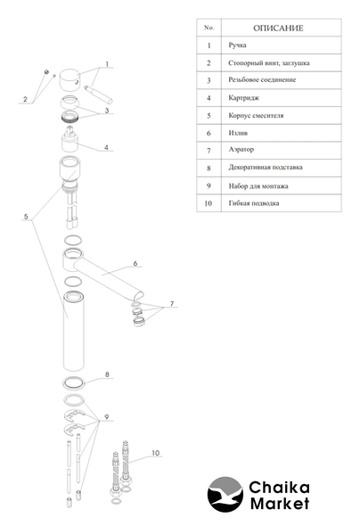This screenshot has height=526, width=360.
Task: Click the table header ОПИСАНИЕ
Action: (278, 29)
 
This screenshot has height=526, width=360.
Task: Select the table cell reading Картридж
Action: (243, 98)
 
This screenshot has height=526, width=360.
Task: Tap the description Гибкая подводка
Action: (254, 203)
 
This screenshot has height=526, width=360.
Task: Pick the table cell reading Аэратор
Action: (241, 150)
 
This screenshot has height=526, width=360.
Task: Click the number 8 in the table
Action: (209, 168)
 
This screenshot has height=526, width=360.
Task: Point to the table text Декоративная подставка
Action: (266, 167)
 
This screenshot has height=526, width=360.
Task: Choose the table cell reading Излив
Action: (238, 133)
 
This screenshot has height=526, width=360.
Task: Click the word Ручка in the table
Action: (237, 45)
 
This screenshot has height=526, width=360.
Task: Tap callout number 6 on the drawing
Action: (135, 263)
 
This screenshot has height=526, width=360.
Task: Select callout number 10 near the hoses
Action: (156, 453)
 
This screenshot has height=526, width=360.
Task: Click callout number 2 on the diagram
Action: (25, 99)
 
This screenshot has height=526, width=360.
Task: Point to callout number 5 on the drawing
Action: (26, 217)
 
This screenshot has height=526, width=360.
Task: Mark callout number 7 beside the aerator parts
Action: (172, 304)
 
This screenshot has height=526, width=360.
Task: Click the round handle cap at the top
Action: (70, 80)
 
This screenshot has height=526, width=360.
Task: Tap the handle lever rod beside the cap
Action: (99, 95)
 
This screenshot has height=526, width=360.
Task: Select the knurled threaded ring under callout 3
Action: (70, 116)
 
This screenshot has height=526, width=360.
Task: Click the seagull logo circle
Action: (225, 494)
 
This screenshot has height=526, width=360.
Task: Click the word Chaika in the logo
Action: (279, 488)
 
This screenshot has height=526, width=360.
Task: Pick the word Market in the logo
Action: (280, 504)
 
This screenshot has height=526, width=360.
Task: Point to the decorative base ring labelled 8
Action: (73, 383)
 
